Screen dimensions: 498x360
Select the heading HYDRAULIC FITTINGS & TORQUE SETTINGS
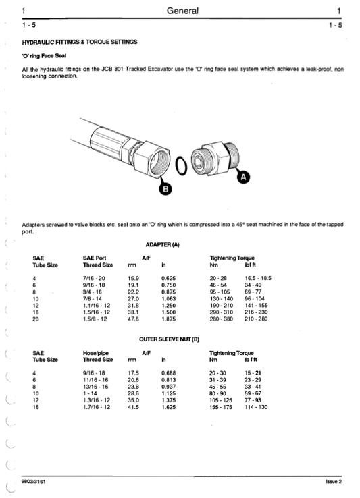click(x=80, y=42)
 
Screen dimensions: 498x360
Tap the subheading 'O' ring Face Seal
click(x=46, y=55)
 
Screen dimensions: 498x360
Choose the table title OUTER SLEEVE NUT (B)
click(x=170, y=339)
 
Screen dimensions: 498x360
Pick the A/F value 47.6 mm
click(x=134, y=319)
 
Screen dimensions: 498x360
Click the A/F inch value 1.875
click(x=168, y=319)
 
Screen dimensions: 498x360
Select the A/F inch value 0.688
click(x=168, y=373)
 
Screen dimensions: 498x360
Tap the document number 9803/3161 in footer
click(x=33, y=482)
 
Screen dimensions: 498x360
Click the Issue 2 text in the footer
click(x=334, y=482)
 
